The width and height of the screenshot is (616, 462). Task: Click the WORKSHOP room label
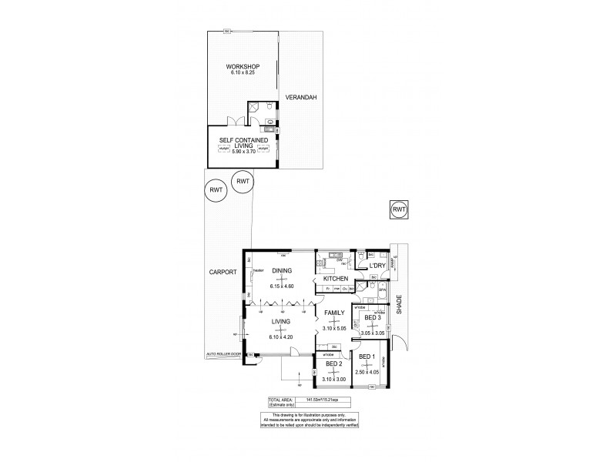[242, 67]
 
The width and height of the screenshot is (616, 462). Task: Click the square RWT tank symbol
[398, 209]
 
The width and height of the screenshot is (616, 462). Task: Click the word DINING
[282, 271]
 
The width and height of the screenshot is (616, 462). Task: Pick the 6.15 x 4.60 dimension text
[283, 286]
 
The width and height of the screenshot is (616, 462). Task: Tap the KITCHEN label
[336, 278]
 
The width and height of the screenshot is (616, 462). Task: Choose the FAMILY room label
[334, 312]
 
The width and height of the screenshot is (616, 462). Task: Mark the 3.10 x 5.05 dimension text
[334, 328]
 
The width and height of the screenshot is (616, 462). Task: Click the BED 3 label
[372, 318]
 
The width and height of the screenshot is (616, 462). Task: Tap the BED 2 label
[333, 363]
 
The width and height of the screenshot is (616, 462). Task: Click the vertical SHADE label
[400, 306]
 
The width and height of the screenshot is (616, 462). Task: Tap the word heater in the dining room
[259, 269]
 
